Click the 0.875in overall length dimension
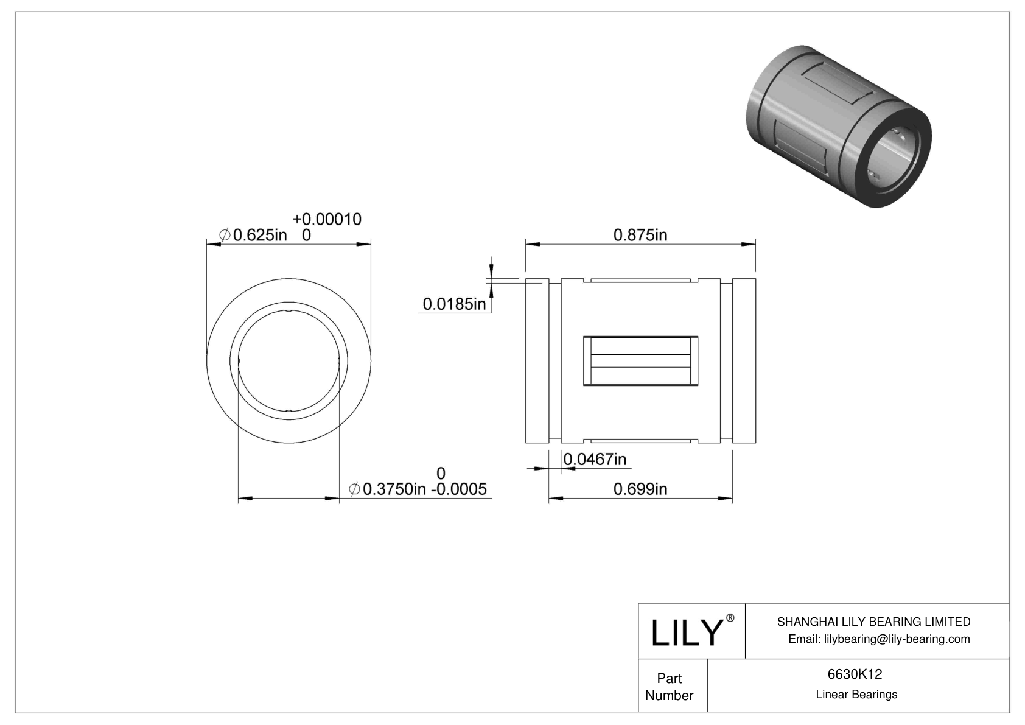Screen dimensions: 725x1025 point(640,235)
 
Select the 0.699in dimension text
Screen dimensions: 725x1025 point(640,489)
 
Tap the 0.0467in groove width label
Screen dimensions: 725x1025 point(595,460)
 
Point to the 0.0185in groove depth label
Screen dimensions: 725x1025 point(454,304)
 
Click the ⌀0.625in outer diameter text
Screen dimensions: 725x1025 point(253,235)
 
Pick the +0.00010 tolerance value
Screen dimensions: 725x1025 point(327,219)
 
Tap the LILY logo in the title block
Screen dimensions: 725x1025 point(686,632)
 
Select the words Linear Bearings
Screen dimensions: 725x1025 point(856,695)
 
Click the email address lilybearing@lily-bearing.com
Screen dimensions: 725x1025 point(879,639)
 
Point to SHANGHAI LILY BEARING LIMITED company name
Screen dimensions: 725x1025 point(873,622)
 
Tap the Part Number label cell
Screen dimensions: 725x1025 point(670,687)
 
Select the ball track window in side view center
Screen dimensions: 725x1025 point(640,360)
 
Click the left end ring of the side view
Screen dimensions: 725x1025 point(537,360)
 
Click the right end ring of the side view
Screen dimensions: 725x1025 point(744,360)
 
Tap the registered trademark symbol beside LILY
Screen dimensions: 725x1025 point(730,618)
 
